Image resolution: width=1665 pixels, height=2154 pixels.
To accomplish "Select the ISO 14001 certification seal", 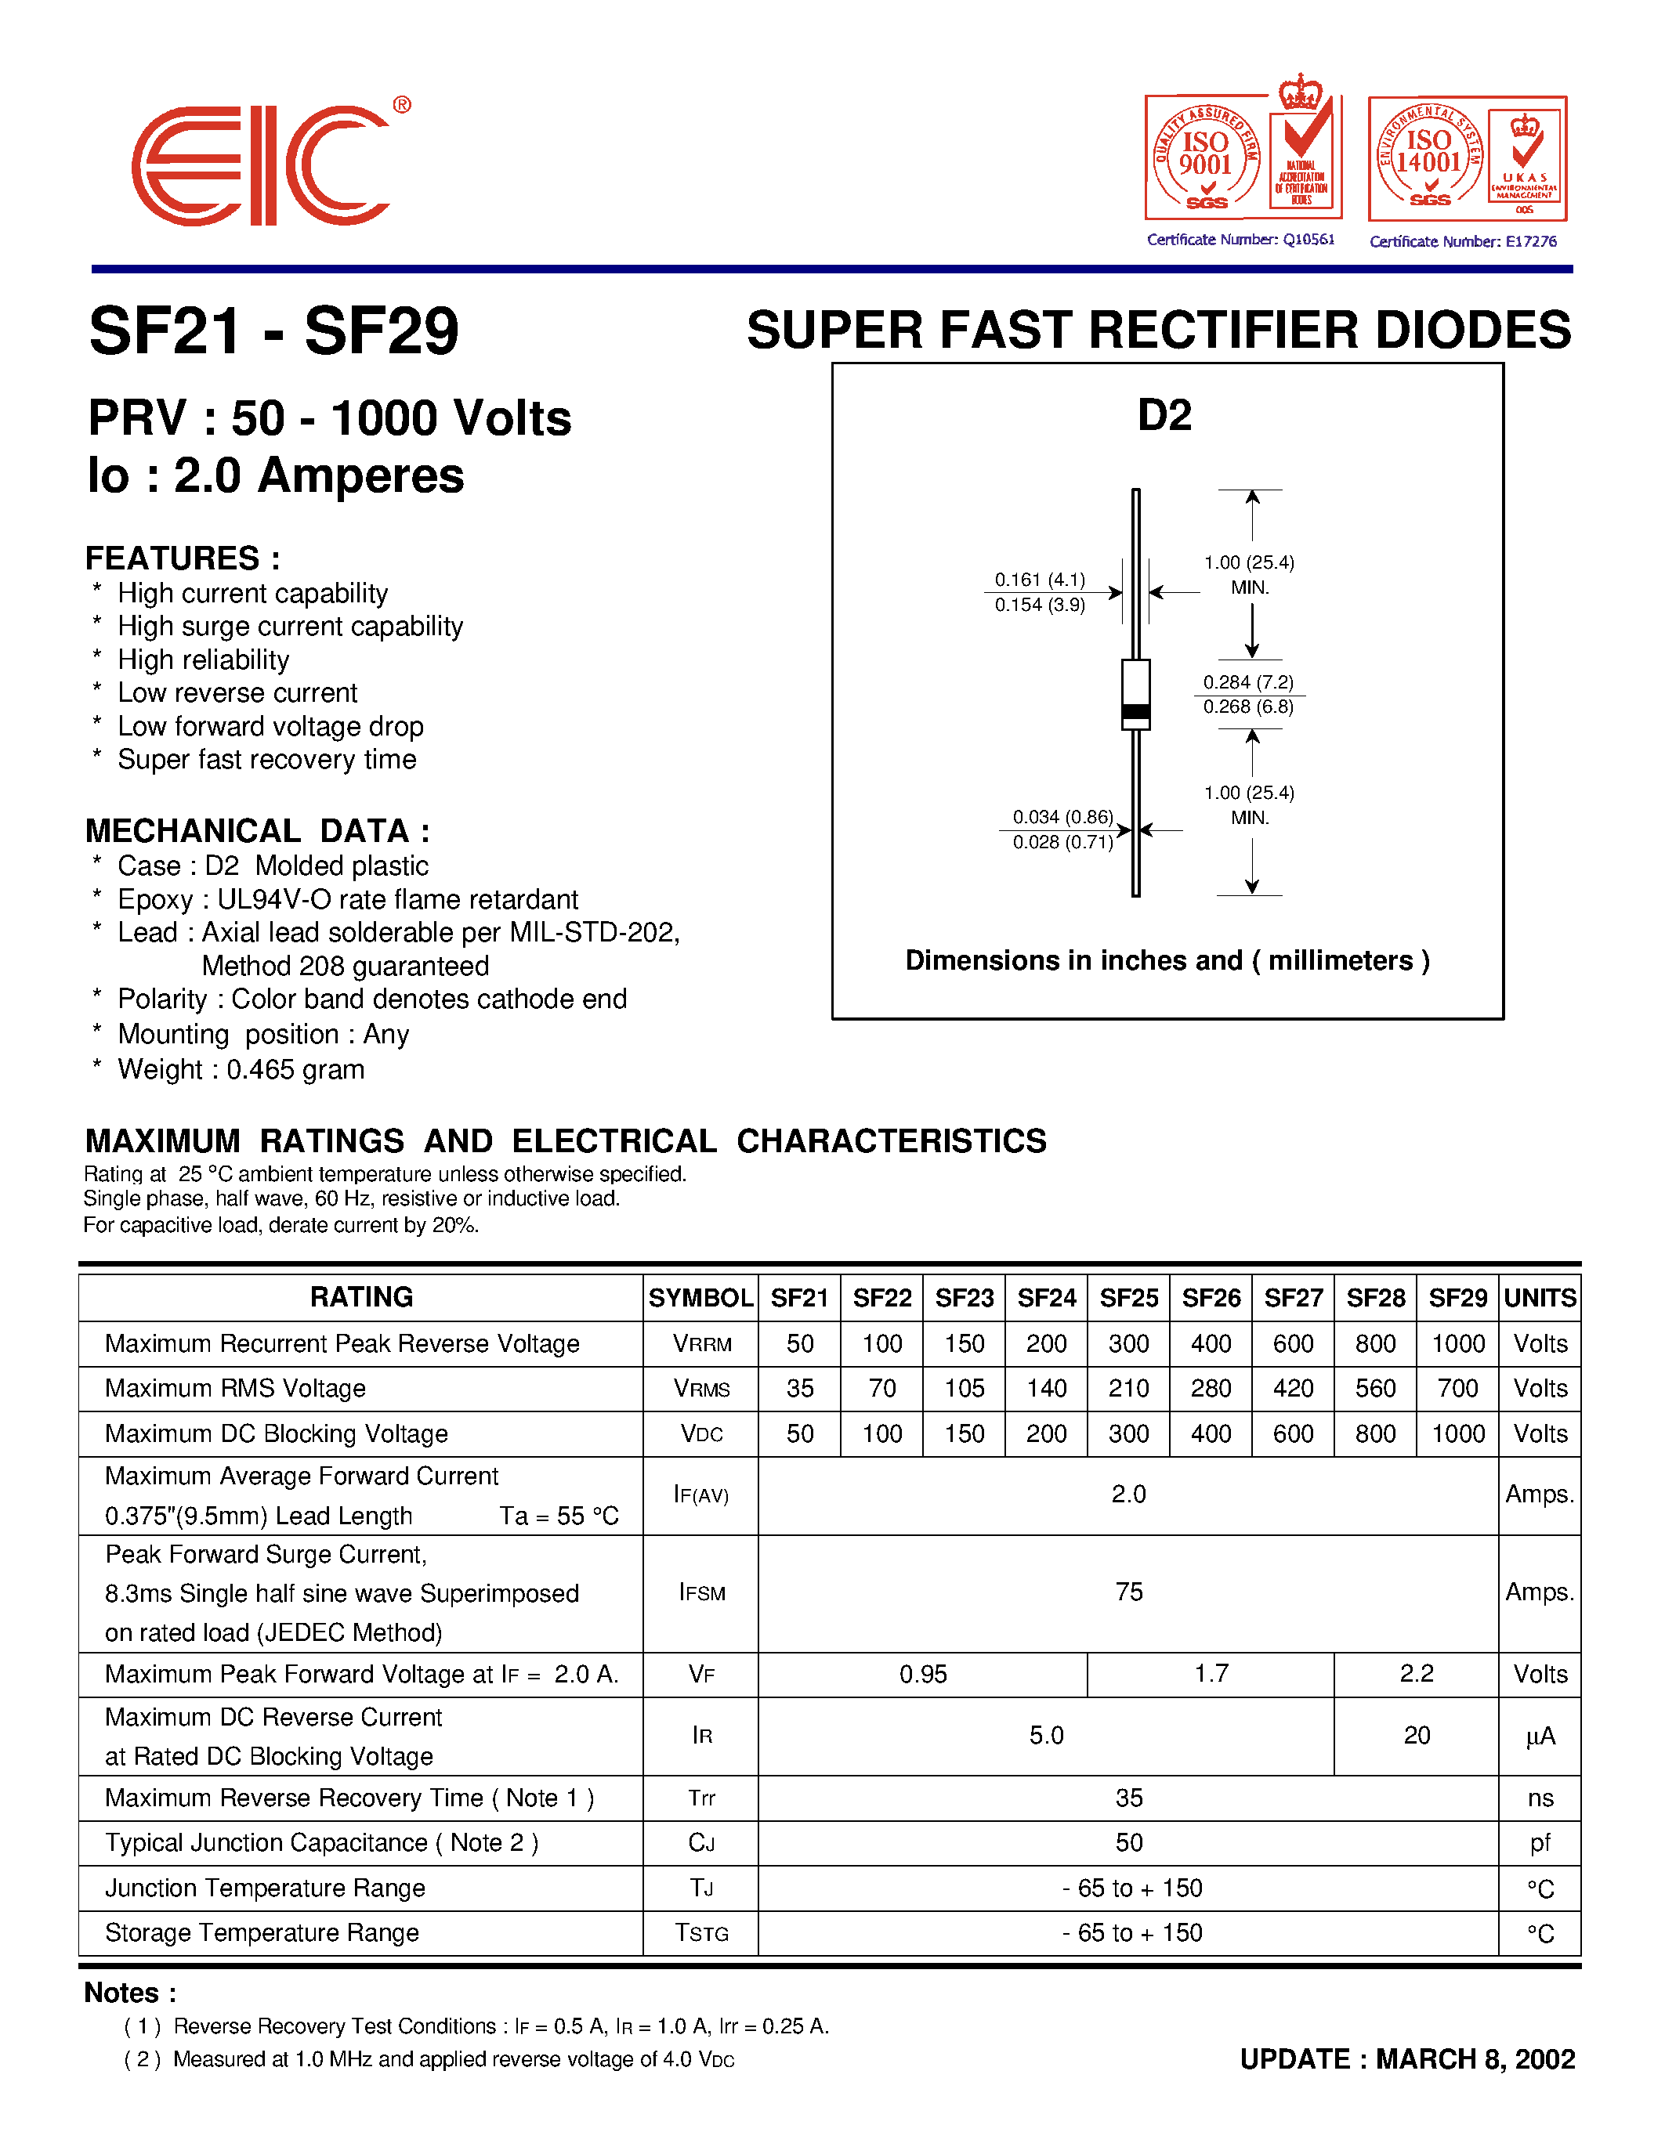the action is (1429, 156).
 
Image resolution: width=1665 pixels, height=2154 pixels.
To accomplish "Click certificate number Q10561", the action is (1241, 240).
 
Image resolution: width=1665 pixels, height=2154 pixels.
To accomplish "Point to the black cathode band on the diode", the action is (1136, 710).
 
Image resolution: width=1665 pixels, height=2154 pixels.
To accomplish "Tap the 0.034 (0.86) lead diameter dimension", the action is (1062, 817).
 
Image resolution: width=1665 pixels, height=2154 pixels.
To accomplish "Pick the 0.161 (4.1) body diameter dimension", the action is (1040, 579).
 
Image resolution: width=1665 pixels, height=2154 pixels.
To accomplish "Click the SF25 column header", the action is (1128, 1298).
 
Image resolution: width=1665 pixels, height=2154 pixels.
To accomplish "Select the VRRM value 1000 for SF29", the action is (1458, 1343).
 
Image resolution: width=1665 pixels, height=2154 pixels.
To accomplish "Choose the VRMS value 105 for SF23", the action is (965, 1389).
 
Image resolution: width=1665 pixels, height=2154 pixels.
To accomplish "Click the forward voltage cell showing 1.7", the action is (1211, 1674).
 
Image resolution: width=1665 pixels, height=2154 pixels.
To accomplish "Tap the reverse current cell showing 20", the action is (1417, 1735).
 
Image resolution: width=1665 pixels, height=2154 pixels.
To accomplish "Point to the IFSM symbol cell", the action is (701, 1593).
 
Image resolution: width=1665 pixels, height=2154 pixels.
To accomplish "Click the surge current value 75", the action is (1128, 1592).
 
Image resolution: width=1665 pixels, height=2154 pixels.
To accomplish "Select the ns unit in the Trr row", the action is (1540, 1798).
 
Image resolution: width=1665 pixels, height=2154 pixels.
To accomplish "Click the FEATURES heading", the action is (183, 558).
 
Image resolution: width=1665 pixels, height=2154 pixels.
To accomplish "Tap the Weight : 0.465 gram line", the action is (241, 1069).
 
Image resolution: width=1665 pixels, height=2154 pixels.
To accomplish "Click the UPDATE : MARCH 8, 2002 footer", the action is (1406, 2059).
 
